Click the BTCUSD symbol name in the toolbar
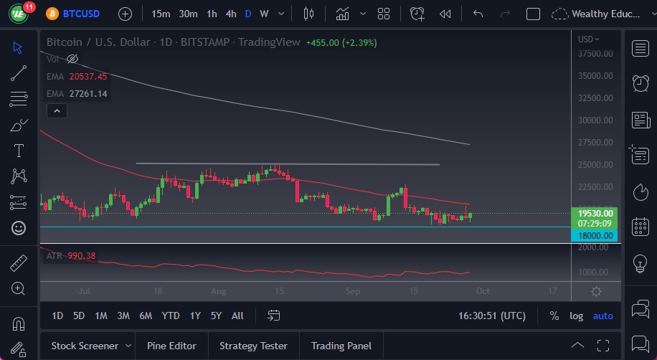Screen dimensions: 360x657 point(81,14)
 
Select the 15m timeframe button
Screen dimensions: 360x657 point(161,14)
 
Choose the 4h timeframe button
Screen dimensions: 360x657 point(231,14)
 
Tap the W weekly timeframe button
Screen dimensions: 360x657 point(264,14)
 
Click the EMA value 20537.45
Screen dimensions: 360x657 point(88,77)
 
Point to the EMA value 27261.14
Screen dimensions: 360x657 point(88,94)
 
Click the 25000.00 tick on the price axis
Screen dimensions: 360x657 point(595,165)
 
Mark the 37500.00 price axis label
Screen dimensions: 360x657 point(595,54)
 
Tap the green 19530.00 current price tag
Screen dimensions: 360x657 point(595,213)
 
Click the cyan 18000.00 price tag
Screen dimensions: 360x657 point(595,235)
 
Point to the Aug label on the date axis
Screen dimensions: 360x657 point(219,291)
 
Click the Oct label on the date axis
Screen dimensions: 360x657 point(482,291)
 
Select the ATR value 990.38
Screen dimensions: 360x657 point(82,256)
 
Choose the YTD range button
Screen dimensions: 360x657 point(171,316)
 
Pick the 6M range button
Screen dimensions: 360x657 point(146,316)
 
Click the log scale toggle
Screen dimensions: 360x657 point(576,316)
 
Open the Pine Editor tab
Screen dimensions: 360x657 point(171,346)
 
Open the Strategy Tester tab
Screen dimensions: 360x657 point(253,346)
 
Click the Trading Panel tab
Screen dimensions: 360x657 point(341,346)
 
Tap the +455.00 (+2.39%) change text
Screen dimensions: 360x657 point(341,42)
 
